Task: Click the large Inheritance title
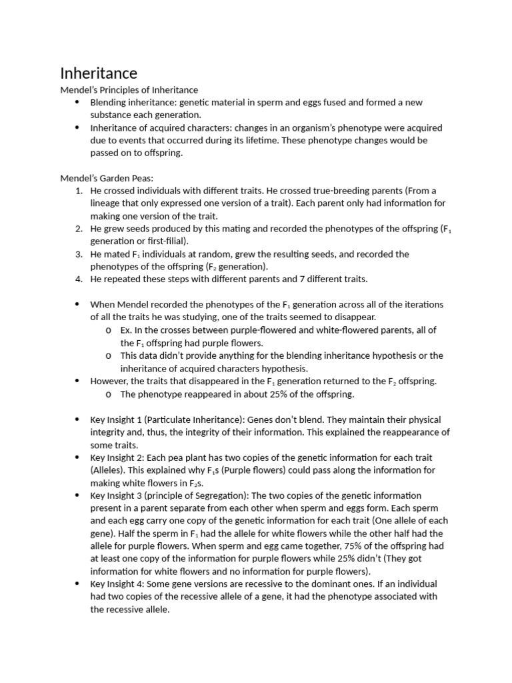[x=99, y=73]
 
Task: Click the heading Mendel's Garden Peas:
[x=107, y=178]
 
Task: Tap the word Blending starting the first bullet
[x=109, y=102]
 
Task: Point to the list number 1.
[x=78, y=191]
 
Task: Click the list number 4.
[x=78, y=279]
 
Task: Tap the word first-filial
[x=164, y=241]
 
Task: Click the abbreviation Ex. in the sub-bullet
[x=127, y=329]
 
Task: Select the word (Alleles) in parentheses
[x=109, y=470]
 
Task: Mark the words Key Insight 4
[x=117, y=584]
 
